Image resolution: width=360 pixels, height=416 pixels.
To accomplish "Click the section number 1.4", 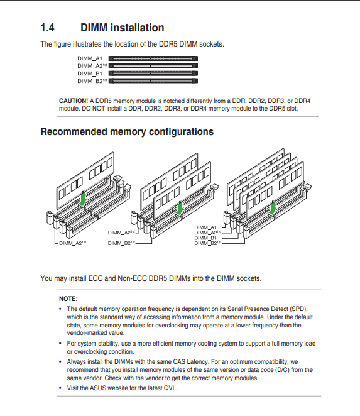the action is click(48, 28).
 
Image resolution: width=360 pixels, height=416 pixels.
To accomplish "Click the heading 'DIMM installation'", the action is click(123, 28).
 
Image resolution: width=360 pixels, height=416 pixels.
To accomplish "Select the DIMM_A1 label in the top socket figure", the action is click(90, 58).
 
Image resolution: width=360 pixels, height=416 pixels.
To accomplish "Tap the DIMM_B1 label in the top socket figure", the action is click(90, 74).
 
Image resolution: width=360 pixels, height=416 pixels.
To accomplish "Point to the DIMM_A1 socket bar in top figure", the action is click(153, 58).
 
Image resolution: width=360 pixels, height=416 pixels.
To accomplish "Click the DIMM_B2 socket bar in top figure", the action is click(153, 80).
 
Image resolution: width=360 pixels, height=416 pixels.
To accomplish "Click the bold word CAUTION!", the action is click(74, 101).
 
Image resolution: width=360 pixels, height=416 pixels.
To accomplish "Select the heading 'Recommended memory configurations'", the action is click(127, 132).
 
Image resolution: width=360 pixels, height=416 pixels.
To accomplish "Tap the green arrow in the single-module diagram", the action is click(83, 199).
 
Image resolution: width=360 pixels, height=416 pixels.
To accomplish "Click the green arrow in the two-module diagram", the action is click(180, 208).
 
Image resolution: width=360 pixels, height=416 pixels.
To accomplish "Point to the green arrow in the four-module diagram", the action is click(272, 208).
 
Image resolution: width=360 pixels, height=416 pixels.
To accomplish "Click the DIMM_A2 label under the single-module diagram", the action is click(72, 243).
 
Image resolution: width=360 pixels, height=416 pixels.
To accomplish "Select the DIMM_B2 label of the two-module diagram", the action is click(121, 243).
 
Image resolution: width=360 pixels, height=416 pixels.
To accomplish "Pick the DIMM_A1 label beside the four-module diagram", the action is click(205, 227).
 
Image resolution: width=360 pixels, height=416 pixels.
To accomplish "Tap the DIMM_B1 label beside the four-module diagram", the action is click(205, 238).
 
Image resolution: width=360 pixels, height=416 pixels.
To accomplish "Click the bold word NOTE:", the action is click(68, 299).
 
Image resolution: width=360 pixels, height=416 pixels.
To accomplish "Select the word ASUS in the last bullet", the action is click(98, 388).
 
